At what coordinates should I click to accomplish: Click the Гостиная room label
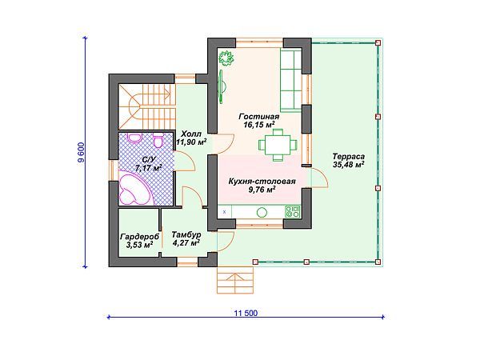[x=259, y=117]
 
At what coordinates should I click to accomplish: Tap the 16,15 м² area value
[x=259, y=125]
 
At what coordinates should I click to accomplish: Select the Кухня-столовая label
[x=262, y=182]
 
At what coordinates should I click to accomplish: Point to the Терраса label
[x=349, y=157]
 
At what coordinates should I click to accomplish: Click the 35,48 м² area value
[x=349, y=165]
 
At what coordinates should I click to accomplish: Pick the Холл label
[x=191, y=134]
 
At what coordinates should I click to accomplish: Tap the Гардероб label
[x=139, y=237]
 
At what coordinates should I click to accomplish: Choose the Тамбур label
[x=186, y=234]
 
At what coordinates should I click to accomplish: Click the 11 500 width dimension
[x=246, y=313]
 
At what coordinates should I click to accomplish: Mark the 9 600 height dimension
[x=81, y=153]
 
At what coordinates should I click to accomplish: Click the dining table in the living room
[x=278, y=145]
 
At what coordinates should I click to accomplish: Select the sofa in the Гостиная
[x=291, y=80]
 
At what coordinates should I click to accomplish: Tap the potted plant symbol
[x=226, y=58]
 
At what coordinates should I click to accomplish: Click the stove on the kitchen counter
[x=293, y=211]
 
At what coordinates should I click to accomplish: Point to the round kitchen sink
[x=262, y=212]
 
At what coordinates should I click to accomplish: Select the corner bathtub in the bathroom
[x=136, y=189]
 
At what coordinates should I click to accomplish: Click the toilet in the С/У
[x=158, y=141]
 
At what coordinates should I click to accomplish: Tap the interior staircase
[x=147, y=107]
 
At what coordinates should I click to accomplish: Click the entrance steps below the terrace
[x=235, y=280]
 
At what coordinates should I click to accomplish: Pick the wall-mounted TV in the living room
[x=222, y=86]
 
